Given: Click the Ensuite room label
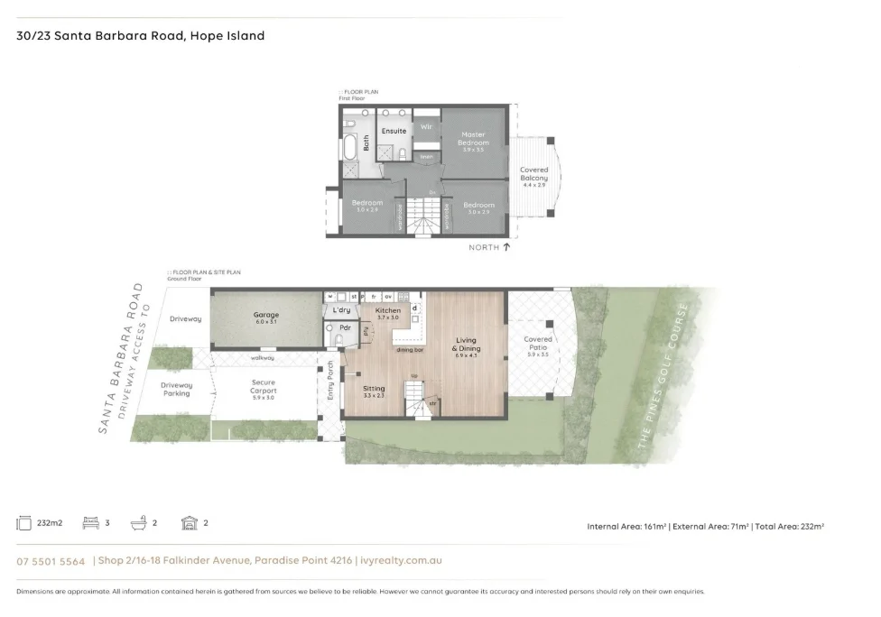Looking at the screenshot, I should click(394, 131).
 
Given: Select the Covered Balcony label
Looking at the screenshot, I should click(533, 174).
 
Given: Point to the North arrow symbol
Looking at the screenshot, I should click(506, 246).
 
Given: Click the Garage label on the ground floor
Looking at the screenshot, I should click(265, 318).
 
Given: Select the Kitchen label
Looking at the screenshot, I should click(387, 311).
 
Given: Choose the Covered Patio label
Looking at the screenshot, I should click(538, 344).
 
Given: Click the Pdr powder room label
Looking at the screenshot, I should click(345, 327).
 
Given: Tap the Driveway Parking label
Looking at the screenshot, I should click(176, 390).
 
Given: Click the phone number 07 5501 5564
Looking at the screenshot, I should click(51, 561).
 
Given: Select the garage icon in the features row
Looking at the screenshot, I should click(189, 523).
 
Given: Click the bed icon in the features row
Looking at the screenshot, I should click(89, 523).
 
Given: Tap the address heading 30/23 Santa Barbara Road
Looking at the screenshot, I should click(141, 36).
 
